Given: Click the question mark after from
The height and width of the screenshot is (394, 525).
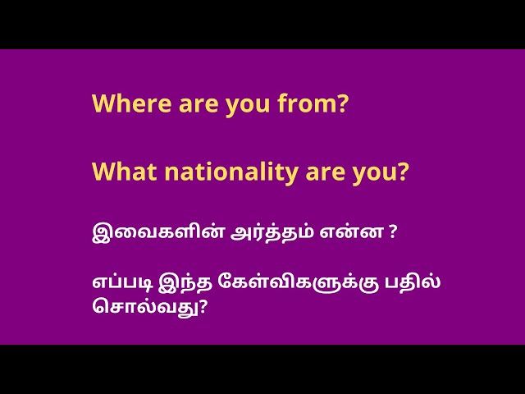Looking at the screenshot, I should (343, 104).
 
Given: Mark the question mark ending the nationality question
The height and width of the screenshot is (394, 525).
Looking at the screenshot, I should (402, 172).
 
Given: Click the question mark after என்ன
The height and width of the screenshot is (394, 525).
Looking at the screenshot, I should (393, 233).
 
